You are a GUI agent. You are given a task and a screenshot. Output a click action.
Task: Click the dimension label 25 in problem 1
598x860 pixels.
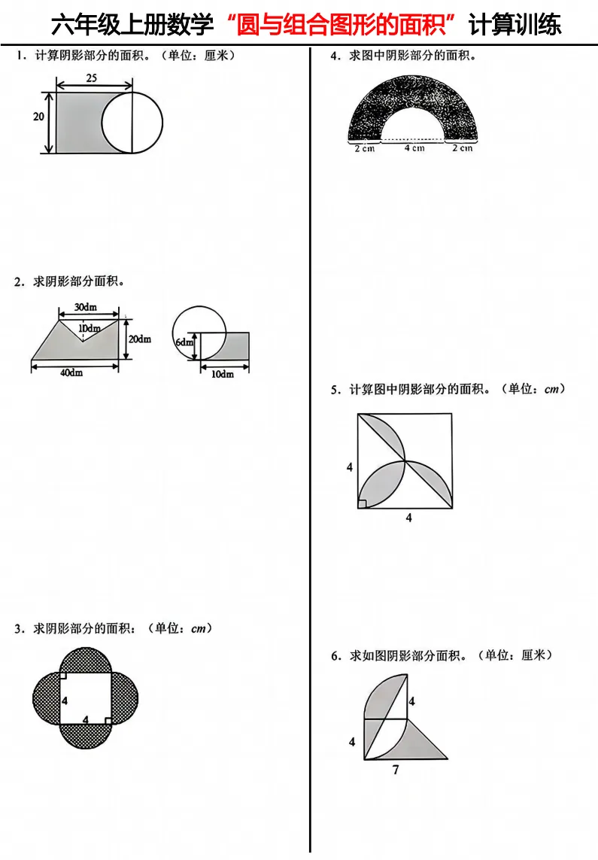click(92, 78)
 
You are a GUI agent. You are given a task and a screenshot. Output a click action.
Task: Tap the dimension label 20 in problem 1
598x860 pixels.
click(38, 117)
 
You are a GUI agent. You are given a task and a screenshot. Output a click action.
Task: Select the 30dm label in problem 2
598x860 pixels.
click(86, 307)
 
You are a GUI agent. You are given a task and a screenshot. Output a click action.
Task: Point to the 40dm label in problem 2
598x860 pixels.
click(71, 373)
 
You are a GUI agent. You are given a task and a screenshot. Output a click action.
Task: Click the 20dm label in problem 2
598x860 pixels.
click(140, 339)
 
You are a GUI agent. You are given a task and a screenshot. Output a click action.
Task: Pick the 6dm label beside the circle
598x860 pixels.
click(184, 342)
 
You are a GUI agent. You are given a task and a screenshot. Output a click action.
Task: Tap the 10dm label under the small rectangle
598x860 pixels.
click(223, 374)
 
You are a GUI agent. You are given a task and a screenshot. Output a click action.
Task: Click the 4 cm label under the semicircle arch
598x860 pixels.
click(414, 148)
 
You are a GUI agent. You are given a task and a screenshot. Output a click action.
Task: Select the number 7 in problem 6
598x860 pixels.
click(396, 770)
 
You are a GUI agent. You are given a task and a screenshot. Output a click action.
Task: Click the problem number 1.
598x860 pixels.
click(21, 56)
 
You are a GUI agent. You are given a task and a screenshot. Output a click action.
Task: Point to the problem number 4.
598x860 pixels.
click(335, 56)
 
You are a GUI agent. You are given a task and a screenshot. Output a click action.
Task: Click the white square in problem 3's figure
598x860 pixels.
click(86, 698)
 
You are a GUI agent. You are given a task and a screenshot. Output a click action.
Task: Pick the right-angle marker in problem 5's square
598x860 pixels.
click(363, 504)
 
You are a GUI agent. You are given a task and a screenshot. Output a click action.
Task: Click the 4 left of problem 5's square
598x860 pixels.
click(350, 467)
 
